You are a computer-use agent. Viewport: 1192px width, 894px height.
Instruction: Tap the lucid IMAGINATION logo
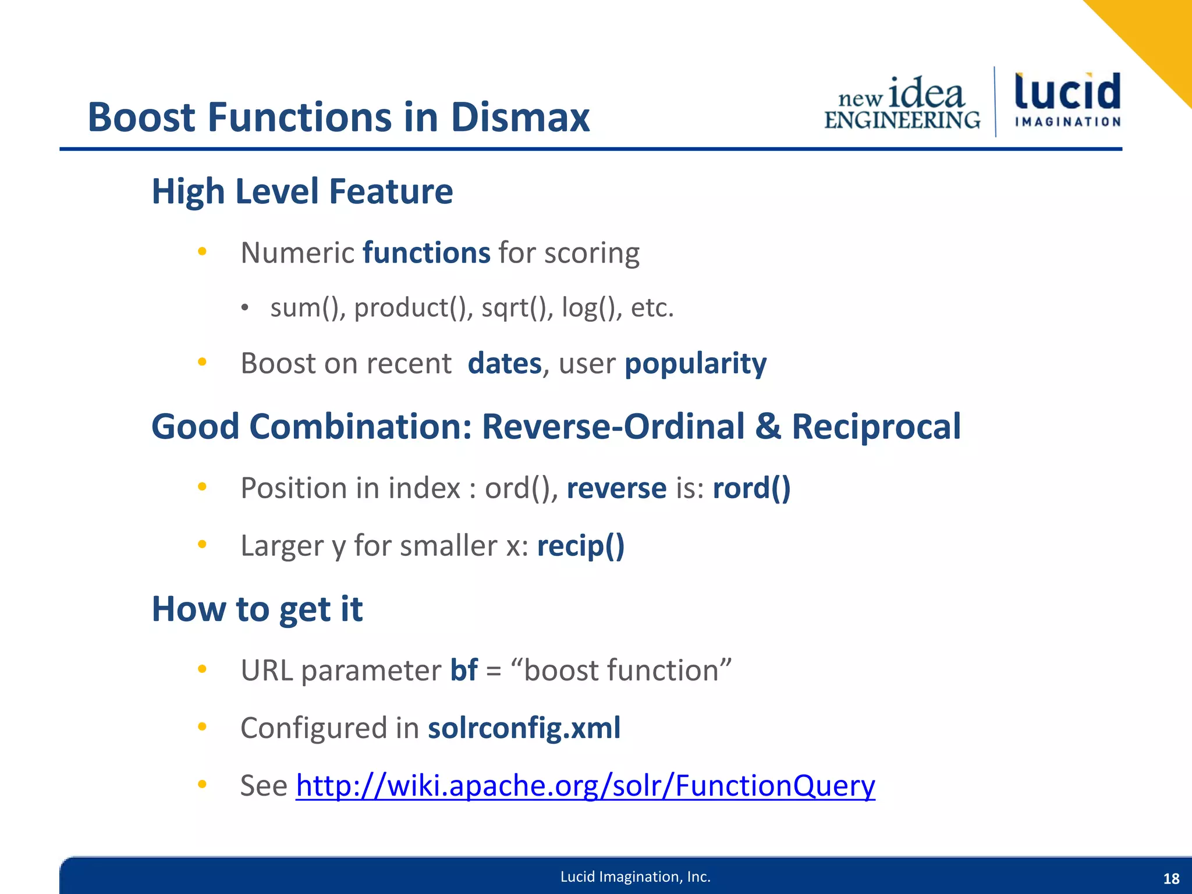[1067, 100]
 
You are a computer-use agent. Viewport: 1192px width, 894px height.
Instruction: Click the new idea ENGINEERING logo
[903, 104]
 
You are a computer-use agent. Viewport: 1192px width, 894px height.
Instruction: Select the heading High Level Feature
[302, 191]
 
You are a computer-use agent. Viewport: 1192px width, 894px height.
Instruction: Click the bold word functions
[427, 253]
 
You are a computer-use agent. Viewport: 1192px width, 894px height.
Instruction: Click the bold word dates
[505, 364]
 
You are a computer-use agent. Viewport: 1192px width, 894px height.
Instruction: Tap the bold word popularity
[696, 364]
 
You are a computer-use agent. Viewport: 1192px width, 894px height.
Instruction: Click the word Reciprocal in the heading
[876, 427]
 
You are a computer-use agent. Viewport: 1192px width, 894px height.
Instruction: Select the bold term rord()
[751, 488]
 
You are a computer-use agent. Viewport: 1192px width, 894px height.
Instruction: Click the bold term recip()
[581, 546]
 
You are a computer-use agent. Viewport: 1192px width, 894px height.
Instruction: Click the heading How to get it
[257, 609]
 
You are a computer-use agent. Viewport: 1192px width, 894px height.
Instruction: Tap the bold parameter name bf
[464, 670]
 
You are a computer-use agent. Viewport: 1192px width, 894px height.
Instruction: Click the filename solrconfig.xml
[524, 728]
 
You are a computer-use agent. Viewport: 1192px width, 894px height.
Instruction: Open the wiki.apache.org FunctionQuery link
[585, 786]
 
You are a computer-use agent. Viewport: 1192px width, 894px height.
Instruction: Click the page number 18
[1171, 879]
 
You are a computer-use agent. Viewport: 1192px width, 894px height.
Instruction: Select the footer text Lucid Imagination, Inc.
[635, 877]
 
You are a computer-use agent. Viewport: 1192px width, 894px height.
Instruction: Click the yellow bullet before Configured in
[202, 726]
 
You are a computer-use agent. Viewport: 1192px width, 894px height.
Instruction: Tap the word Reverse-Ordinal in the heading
[613, 427]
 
